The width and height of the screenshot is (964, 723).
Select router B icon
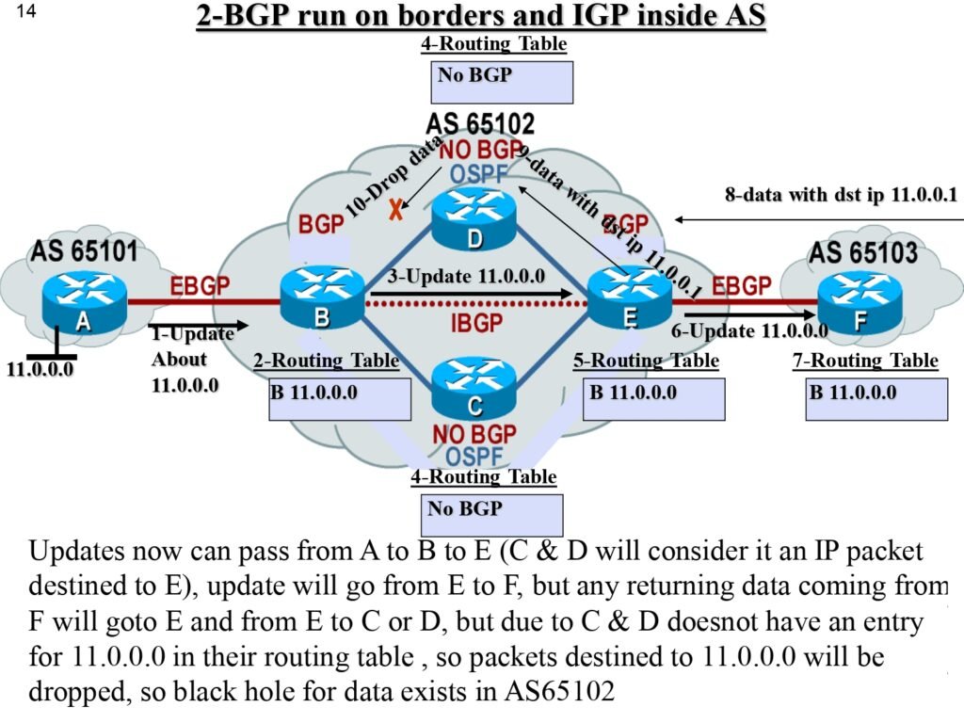point(321,298)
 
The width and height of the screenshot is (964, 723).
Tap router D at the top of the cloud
point(475,220)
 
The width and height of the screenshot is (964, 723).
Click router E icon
point(629,298)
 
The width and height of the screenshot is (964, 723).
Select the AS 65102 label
point(480,123)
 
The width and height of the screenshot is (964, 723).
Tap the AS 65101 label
point(85,251)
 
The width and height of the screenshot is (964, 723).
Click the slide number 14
point(25,13)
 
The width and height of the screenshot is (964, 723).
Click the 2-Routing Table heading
point(326,361)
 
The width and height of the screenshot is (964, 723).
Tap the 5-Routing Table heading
point(646,361)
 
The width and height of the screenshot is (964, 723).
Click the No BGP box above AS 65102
point(504,82)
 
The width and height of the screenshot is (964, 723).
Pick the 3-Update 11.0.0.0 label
point(466,276)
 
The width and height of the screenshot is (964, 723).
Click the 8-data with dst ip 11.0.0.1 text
point(841,196)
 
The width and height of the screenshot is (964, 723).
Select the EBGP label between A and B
point(202,284)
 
